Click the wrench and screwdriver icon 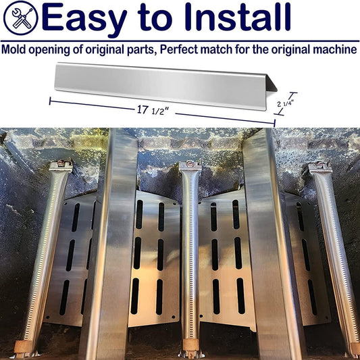tap(21, 18)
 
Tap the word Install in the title tap(238, 16)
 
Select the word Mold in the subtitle tap(14, 49)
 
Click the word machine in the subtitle tap(335, 49)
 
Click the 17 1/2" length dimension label tap(153, 110)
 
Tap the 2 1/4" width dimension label tap(286, 104)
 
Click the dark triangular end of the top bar tap(272, 83)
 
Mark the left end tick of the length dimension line tap(50, 101)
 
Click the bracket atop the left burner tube tap(61, 165)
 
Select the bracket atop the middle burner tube tap(190, 165)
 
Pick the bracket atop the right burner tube tap(320, 167)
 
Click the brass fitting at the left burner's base tap(23, 346)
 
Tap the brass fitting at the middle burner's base tap(190, 344)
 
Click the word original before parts tap(105, 50)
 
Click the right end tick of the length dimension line tap(275, 123)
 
